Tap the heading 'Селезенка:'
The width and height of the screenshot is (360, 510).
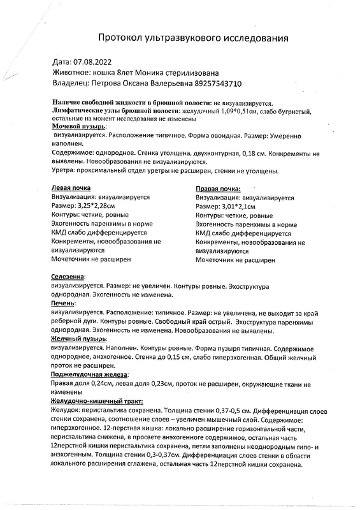pos(68,278)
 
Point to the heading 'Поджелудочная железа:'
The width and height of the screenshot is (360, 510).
pos(89,375)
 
